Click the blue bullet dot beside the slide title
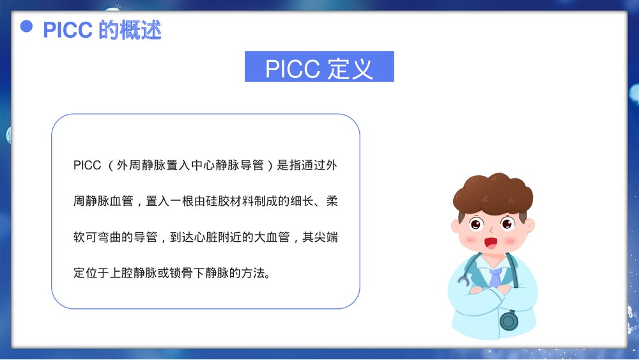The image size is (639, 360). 26,26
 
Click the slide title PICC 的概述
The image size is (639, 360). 102,29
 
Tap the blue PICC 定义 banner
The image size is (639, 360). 319,67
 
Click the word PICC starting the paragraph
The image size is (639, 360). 88,165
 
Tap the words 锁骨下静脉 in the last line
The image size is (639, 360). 196,273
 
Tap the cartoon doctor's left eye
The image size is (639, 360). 475,224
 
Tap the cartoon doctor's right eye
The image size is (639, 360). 507,224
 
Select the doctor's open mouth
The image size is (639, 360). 491,244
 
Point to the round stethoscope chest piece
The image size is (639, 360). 509,320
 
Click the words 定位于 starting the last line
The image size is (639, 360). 92,273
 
